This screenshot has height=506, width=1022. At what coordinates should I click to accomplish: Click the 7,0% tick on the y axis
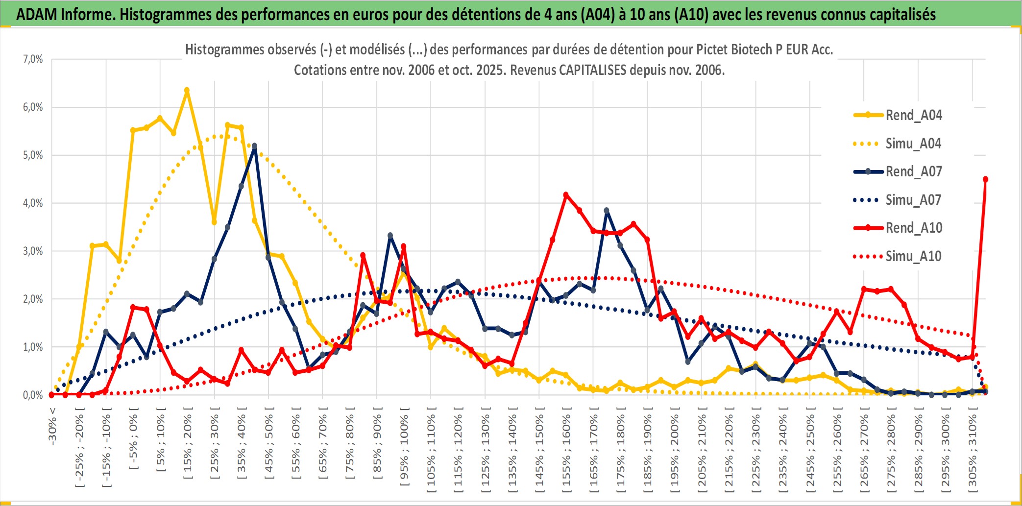33,59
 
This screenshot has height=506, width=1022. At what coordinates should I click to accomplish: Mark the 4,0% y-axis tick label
33,203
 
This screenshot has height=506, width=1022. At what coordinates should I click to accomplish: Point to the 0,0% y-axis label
33,395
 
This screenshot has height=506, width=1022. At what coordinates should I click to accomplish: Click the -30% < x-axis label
52,425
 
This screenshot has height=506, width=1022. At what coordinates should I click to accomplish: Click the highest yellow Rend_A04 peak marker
187,90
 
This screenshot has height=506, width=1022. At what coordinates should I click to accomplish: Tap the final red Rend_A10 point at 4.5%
985,179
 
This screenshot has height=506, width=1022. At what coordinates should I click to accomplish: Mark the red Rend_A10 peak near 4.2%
566,195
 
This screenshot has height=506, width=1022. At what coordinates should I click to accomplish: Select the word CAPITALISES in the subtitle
592,70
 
